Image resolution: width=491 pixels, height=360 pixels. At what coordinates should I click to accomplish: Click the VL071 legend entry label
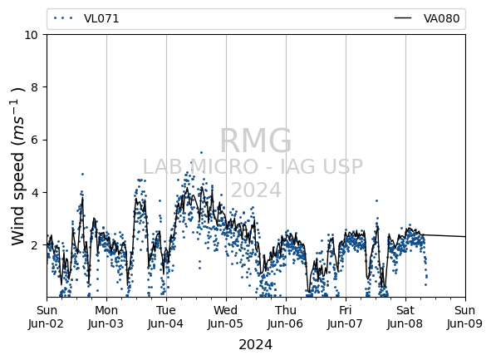101,18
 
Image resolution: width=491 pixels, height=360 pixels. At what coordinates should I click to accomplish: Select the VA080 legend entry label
441,18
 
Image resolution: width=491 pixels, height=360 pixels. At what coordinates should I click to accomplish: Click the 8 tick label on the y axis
34,87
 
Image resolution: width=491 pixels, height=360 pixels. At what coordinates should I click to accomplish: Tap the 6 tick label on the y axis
34,140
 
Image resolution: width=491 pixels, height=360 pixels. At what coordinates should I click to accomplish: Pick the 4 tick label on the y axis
34,192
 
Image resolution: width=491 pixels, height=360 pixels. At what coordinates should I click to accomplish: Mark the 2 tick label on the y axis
34,244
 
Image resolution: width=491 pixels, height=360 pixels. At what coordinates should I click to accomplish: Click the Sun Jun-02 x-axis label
47,317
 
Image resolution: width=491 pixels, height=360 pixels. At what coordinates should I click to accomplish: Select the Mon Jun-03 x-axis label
106,317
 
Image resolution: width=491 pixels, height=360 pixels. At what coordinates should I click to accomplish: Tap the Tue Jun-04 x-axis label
166,317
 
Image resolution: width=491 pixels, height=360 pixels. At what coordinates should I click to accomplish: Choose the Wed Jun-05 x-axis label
226,317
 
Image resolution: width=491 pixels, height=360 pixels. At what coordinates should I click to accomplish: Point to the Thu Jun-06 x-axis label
286,317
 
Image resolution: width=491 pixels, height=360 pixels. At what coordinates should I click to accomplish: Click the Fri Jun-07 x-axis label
346,317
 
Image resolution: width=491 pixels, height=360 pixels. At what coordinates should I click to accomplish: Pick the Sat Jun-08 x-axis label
405,317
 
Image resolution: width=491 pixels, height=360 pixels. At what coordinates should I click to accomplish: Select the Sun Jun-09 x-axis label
465,317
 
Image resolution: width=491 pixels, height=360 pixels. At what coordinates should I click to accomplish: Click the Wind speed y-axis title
17,166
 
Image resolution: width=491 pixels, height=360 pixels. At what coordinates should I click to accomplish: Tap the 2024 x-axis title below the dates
256,345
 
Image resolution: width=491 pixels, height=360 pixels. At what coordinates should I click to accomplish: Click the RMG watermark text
256,141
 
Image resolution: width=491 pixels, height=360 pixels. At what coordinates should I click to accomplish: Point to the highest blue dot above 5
201,153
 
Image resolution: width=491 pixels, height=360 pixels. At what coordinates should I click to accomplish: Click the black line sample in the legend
403,18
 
